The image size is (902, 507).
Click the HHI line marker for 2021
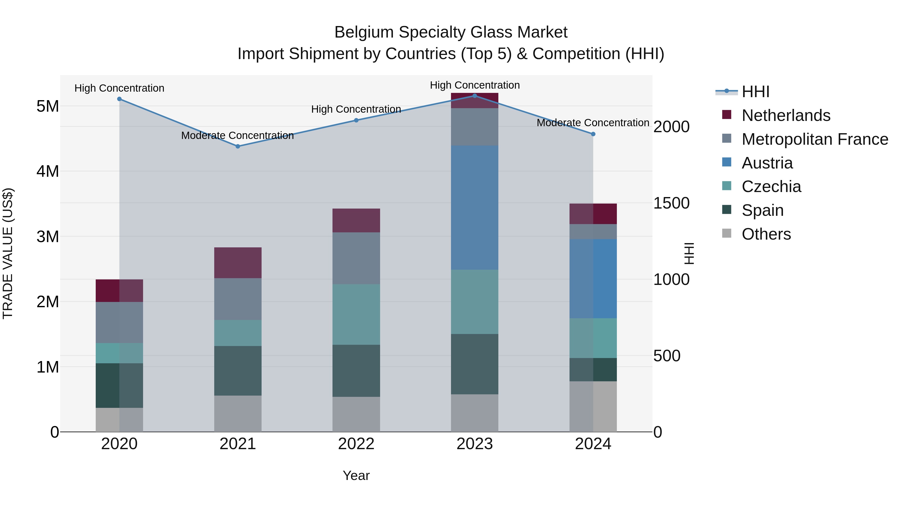tap(238, 146)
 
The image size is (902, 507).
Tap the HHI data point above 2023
tap(475, 96)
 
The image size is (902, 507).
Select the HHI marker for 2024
tap(593, 134)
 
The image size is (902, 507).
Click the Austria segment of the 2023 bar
tap(475, 208)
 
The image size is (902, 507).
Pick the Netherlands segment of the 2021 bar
tap(238, 263)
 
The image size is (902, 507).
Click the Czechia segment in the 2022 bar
tap(356, 314)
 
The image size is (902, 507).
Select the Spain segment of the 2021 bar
tap(238, 371)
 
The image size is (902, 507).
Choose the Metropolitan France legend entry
tap(815, 139)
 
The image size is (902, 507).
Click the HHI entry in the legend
tap(755, 92)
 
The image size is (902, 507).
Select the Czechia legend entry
tap(771, 187)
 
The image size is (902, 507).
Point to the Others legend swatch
tap(727, 233)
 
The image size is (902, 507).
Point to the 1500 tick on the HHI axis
tap(671, 203)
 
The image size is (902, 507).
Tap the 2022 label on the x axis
tap(356, 444)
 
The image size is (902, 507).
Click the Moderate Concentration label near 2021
tap(238, 135)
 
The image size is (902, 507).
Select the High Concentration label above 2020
tap(120, 88)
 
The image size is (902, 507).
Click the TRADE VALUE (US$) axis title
tap(8, 253)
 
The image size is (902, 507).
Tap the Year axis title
tap(356, 475)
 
